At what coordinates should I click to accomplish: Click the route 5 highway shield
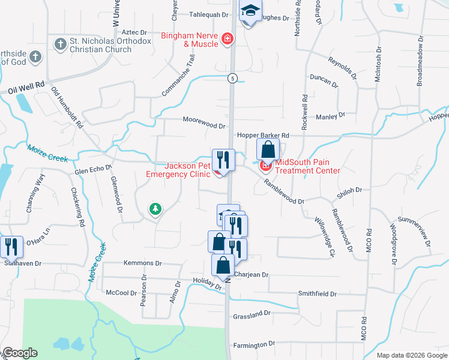click(x=231, y=78)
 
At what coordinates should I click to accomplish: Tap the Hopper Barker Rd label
click(x=263, y=136)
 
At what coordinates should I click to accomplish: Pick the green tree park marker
click(x=155, y=209)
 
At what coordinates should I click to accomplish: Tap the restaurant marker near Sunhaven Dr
click(x=11, y=247)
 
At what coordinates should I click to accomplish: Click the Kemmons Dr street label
click(x=143, y=263)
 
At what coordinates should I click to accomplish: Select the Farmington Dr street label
click(x=254, y=344)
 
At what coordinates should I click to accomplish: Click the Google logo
click(x=20, y=353)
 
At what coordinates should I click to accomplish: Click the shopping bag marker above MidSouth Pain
click(x=268, y=150)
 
